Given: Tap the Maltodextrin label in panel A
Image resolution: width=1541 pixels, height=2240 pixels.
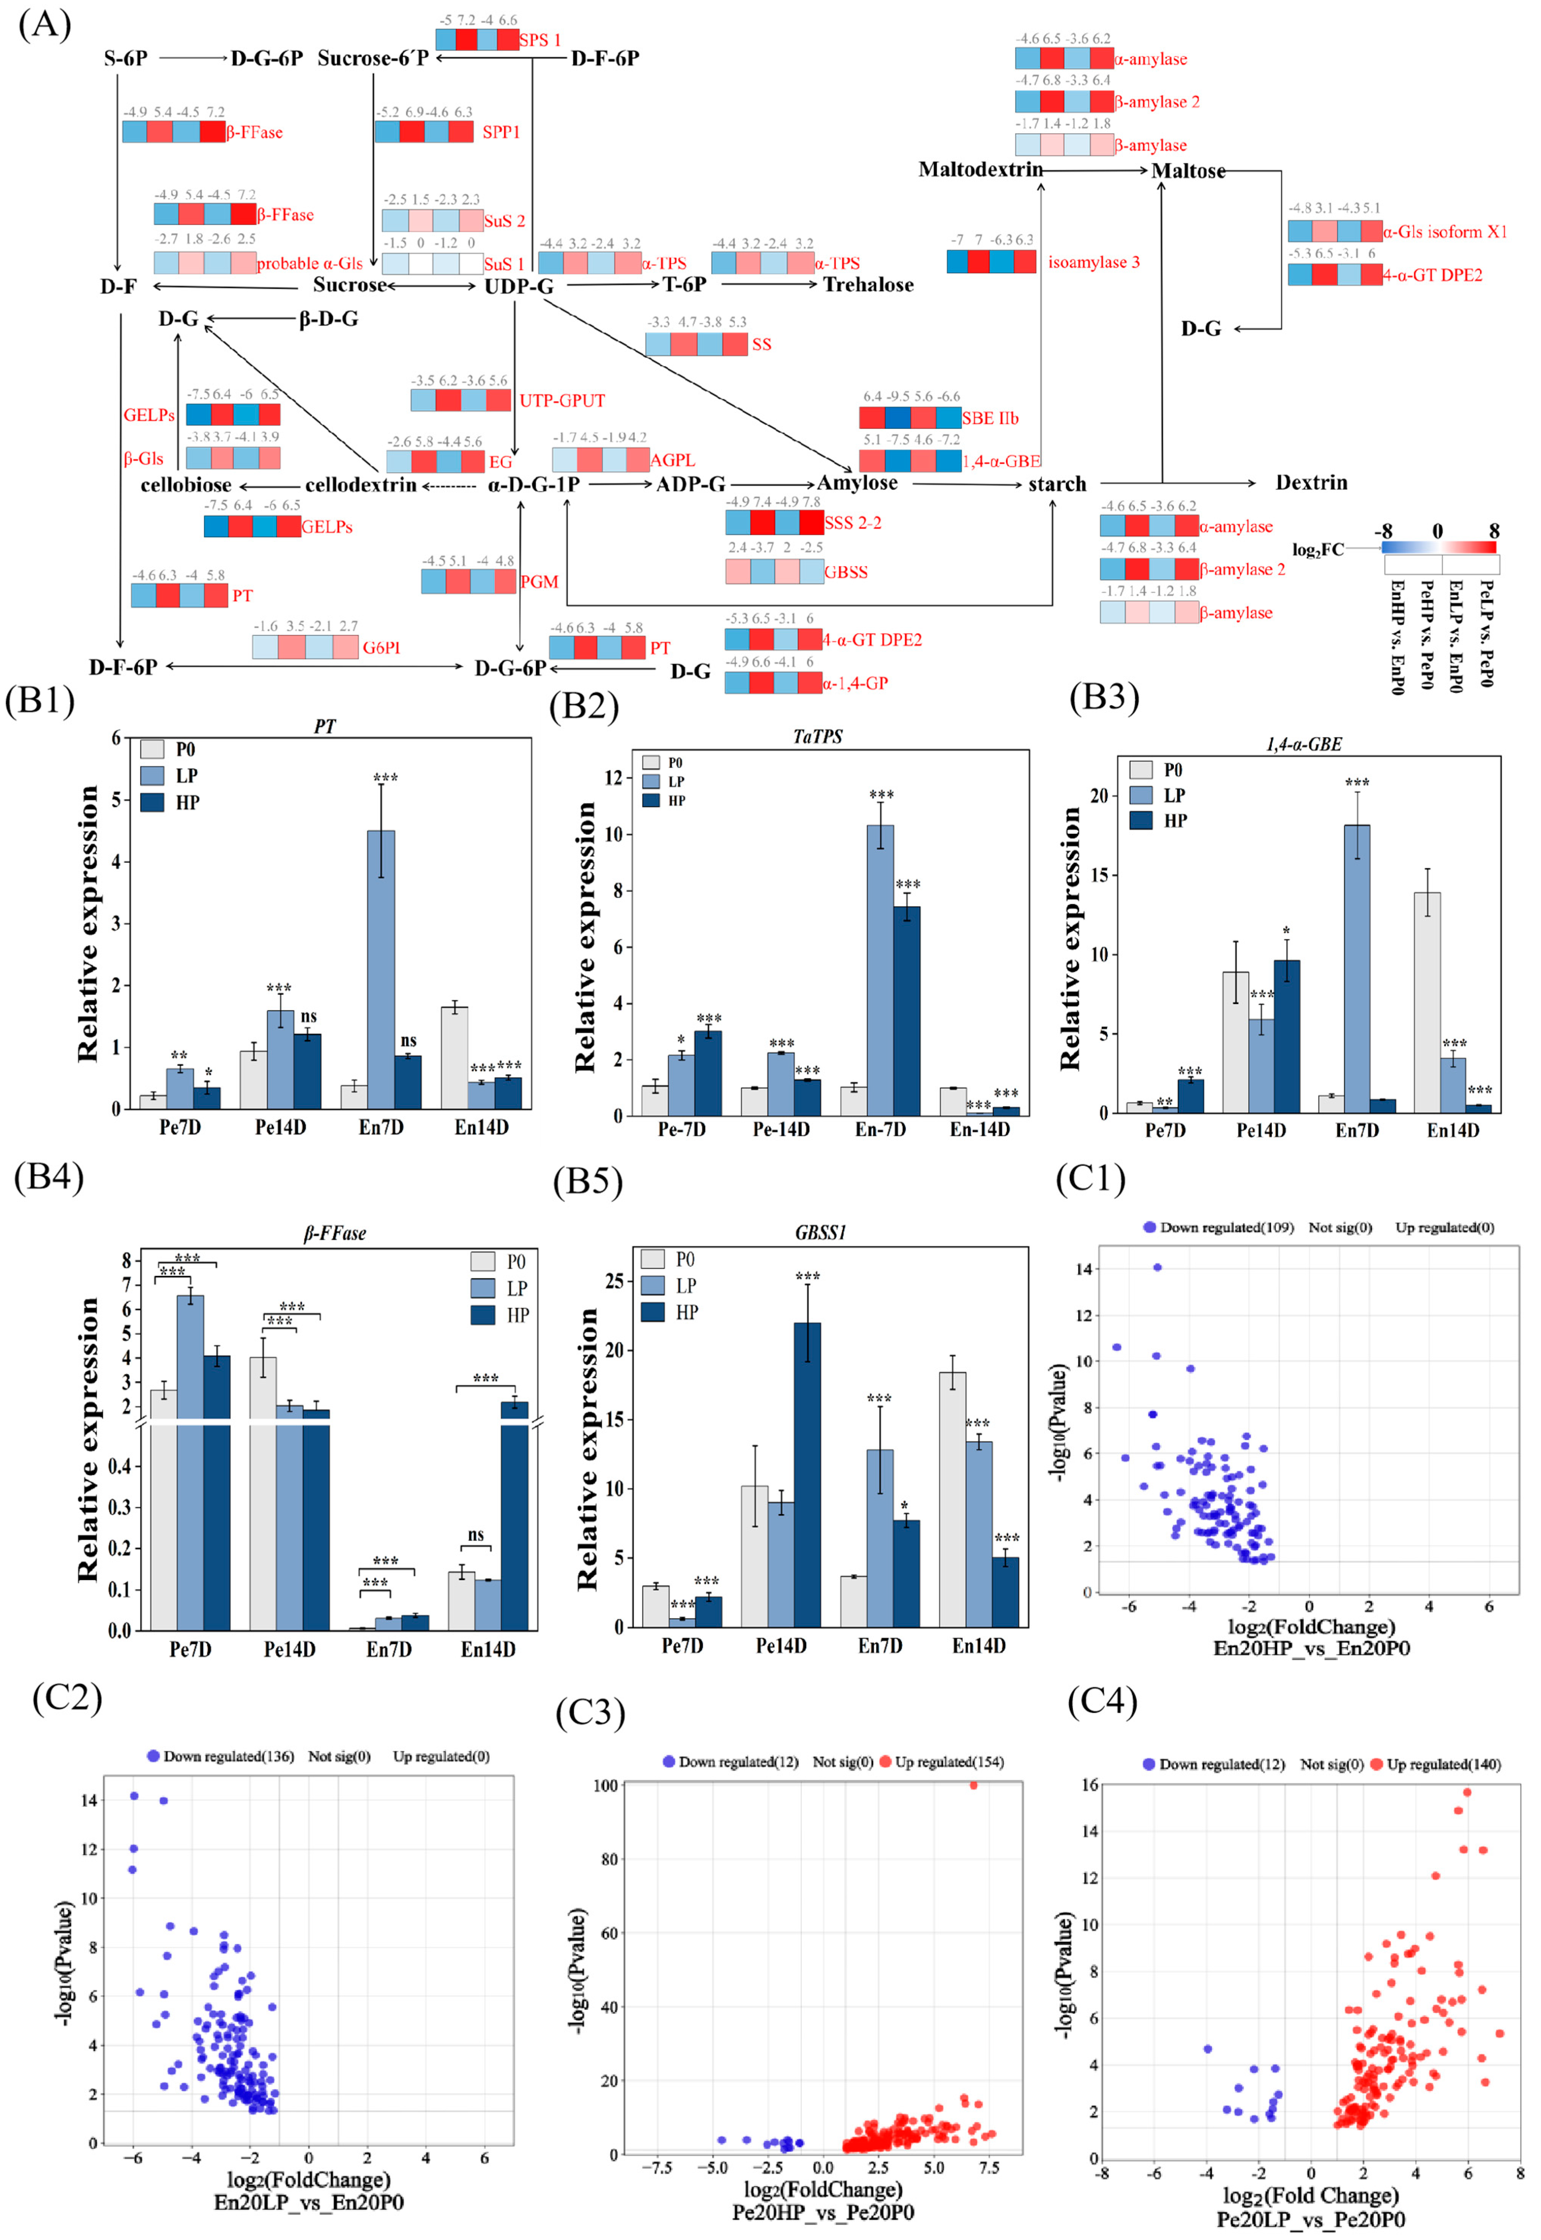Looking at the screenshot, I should click(980, 170).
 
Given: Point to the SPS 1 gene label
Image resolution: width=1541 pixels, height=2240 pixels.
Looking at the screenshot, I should click(540, 39).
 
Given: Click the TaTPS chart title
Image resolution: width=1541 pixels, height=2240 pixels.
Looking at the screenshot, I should click(817, 737).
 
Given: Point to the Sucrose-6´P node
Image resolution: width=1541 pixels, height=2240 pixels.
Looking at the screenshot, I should click(372, 59).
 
